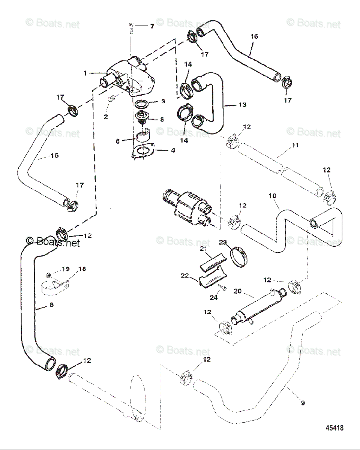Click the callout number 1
coord(85,73)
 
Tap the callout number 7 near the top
coord(152,26)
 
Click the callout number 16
coord(254,36)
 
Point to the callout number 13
coord(243,105)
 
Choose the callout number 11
coord(295,145)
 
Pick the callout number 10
coord(273,196)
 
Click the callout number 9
coord(303,403)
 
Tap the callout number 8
coord(51,305)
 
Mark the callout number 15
coord(55,155)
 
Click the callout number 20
coord(237,291)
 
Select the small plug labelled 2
coord(111,99)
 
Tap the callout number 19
coord(66,269)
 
